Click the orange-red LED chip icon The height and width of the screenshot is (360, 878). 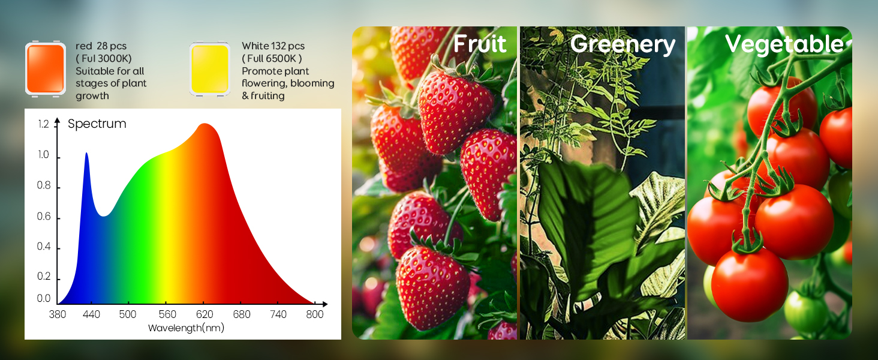(x=46, y=68)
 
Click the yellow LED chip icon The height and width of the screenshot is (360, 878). (x=210, y=69)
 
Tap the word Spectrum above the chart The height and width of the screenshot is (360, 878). (x=97, y=124)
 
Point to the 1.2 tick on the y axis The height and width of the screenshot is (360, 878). (x=44, y=124)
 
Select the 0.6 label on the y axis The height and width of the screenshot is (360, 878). (x=44, y=217)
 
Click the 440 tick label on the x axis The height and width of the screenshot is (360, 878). (x=91, y=314)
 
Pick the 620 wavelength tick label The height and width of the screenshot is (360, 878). (x=205, y=314)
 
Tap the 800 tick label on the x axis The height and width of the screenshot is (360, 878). (x=315, y=314)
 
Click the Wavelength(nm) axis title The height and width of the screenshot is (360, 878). (x=186, y=328)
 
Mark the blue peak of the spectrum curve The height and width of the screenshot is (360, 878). (x=86, y=154)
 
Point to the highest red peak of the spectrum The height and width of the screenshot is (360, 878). (x=205, y=124)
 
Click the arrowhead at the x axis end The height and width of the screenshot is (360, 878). (x=325, y=304)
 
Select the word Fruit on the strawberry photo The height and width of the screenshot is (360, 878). (x=480, y=44)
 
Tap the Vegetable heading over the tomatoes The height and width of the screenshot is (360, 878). (x=784, y=44)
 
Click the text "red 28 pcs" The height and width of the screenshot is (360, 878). (x=101, y=46)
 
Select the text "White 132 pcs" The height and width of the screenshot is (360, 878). (x=273, y=46)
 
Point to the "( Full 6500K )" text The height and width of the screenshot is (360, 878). (x=272, y=59)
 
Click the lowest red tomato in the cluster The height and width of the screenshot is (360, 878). (x=750, y=285)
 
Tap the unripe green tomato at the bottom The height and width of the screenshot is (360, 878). (x=804, y=312)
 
